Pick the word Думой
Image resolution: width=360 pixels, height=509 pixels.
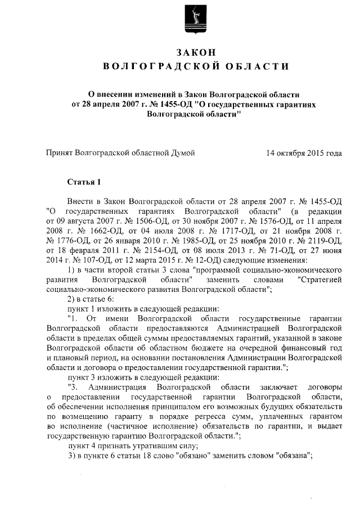coord(183,152)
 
